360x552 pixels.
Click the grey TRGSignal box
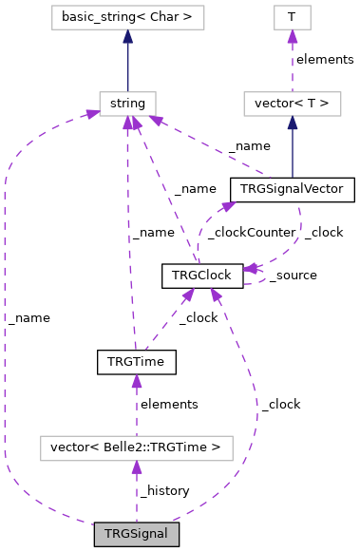tap(136, 534)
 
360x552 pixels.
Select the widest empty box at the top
tap(128, 17)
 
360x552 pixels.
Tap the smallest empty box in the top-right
tap(292, 17)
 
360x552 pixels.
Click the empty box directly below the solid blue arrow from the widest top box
tap(127, 104)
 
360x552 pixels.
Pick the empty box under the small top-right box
tap(292, 104)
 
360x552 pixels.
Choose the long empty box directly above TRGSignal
tap(136, 448)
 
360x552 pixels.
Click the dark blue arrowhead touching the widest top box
tap(127, 37)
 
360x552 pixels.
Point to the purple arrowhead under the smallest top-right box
tap(292, 37)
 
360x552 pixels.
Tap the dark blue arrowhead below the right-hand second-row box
tap(292, 124)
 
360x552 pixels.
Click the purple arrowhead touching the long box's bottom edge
tap(137, 467)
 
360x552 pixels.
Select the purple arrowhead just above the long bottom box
tap(137, 382)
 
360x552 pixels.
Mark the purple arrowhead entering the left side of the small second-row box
tap(92, 113)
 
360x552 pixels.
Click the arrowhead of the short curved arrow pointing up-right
tap(228, 204)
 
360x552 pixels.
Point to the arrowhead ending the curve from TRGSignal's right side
tap(217, 295)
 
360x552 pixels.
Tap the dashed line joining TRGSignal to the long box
tap(136, 494)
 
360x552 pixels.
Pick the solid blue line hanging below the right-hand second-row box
tap(292, 152)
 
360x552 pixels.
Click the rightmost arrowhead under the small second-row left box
tap(153, 122)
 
